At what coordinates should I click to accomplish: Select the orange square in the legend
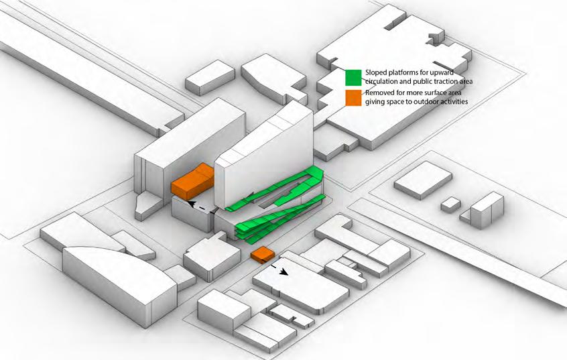pos(354,97)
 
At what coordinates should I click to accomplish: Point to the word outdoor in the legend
pos(432,102)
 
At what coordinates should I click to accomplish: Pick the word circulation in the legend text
pos(384,82)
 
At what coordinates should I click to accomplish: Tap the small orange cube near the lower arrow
pos(262,255)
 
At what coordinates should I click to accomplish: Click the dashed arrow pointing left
pos(201,205)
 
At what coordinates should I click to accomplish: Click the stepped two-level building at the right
pos(486,211)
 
